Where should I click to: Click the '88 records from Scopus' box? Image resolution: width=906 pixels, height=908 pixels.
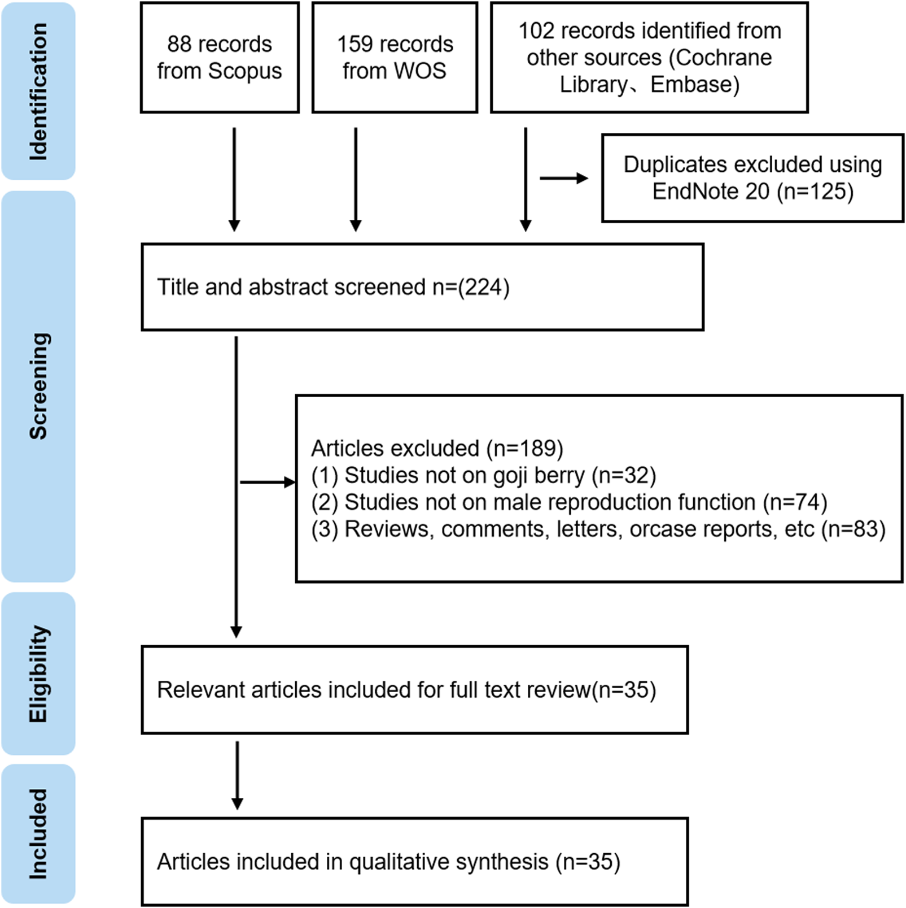tap(220, 58)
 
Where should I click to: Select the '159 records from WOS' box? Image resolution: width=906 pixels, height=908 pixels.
tap(395, 58)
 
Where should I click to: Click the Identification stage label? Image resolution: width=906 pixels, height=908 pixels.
tap(38, 92)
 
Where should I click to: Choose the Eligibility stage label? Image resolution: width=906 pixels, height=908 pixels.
tap(38, 674)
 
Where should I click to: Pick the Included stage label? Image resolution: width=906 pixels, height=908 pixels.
tap(38, 834)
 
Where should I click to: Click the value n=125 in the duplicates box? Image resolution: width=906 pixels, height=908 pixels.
tap(815, 192)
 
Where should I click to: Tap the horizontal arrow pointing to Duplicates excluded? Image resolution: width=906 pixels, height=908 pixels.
tap(563, 179)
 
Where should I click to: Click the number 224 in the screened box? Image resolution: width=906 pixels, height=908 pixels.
tap(483, 287)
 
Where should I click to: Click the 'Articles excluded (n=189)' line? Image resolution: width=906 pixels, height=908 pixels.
tap(437, 449)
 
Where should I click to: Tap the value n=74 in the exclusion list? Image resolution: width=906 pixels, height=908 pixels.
tap(795, 502)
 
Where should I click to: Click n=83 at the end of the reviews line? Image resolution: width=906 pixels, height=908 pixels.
tap(853, 529)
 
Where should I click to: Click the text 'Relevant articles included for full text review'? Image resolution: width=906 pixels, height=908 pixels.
tap(373, 690)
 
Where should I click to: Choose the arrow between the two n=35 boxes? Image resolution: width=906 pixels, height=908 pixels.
tap(237, 775)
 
